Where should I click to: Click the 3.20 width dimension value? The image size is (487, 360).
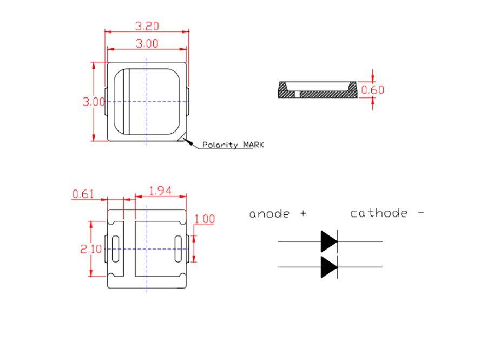(147, 25)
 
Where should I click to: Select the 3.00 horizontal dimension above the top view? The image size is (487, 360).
(147, 44)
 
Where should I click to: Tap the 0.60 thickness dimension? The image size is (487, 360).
(372, 90)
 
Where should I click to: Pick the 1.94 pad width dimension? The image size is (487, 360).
(160, 191)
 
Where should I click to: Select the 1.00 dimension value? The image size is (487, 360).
(205, 219)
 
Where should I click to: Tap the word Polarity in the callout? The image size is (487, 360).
(220, 145)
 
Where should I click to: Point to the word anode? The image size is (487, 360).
(269, 214)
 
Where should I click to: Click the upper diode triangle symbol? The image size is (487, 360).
(328, 241)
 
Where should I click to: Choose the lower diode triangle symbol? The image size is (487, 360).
(328, 267)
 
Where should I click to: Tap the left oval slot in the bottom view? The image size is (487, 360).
(115, 249)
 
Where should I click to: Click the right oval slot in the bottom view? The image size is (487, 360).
(179, 249)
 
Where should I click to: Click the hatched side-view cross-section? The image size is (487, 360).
(325, 94)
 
